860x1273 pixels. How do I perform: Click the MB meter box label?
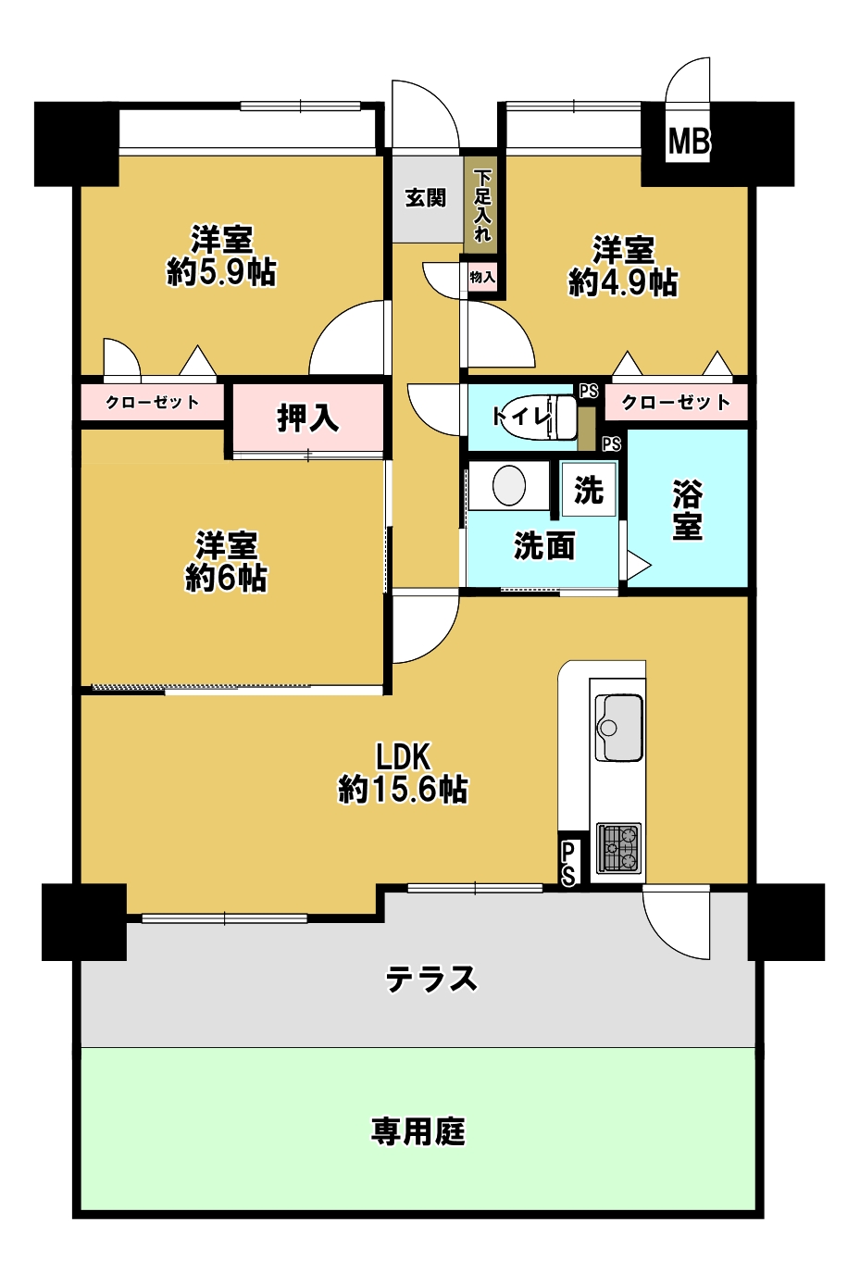(689, 141)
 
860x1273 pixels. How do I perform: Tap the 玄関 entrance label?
(425, 198)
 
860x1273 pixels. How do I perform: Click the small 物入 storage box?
(482, 278)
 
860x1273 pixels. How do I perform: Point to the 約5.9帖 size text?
(221, 273)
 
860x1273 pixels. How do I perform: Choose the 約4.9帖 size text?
(623, 281)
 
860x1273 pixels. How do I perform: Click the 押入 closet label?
(308, 418)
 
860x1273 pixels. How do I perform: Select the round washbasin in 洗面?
(509, 486)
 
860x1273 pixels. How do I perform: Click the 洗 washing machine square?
(589, 490)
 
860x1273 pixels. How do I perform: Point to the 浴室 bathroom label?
(687, 510)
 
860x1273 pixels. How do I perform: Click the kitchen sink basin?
(619, 728)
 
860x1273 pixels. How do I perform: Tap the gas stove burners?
(619, 847)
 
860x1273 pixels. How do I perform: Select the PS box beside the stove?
(568, 864)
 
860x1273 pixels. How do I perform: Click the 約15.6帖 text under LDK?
(403, 790)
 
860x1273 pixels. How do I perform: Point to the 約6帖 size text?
(226, 578)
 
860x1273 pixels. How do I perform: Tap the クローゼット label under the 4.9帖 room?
(676, 403)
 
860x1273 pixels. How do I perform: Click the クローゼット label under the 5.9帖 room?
(153, 403)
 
